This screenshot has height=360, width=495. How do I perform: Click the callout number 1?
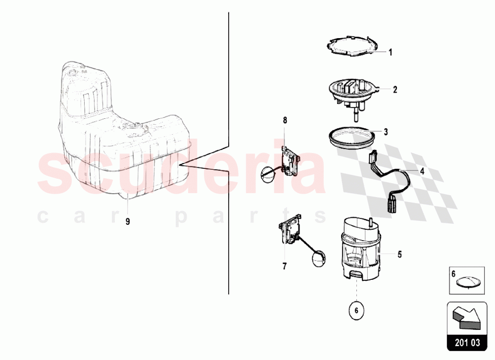pos(390,52)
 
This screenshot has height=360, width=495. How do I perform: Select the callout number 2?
pos(395,90)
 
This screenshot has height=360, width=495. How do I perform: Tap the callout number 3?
pos(386,132)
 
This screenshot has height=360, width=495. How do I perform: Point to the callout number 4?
pos(422,171)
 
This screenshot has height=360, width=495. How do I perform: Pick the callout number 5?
pos(399,254)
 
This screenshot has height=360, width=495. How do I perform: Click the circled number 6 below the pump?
pos(356,310)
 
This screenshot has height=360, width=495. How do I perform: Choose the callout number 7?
pos(285,266)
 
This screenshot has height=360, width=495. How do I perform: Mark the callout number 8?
pos(285,120)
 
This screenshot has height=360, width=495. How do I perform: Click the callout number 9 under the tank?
pos(128,222)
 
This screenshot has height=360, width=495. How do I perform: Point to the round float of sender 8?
pos(267,176)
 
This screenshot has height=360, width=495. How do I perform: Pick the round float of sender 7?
pos(319,259)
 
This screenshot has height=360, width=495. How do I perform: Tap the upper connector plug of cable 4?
pos(372,157)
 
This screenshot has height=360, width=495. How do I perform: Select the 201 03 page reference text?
pos(467,343)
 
